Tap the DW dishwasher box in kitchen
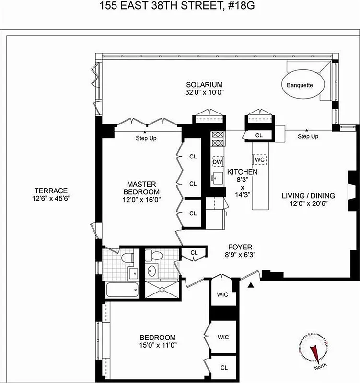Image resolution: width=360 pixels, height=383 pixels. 217,161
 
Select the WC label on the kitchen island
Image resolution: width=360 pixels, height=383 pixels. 260,159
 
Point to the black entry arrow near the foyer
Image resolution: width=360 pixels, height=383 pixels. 249,286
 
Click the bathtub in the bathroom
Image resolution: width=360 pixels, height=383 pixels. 121,291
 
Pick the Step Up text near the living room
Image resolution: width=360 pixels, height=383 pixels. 308,136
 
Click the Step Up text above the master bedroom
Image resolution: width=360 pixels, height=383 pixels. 146,138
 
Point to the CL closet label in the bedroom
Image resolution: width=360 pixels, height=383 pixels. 224,367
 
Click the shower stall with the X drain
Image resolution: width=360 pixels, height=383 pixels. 162,290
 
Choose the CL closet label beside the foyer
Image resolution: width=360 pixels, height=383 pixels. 194,252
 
